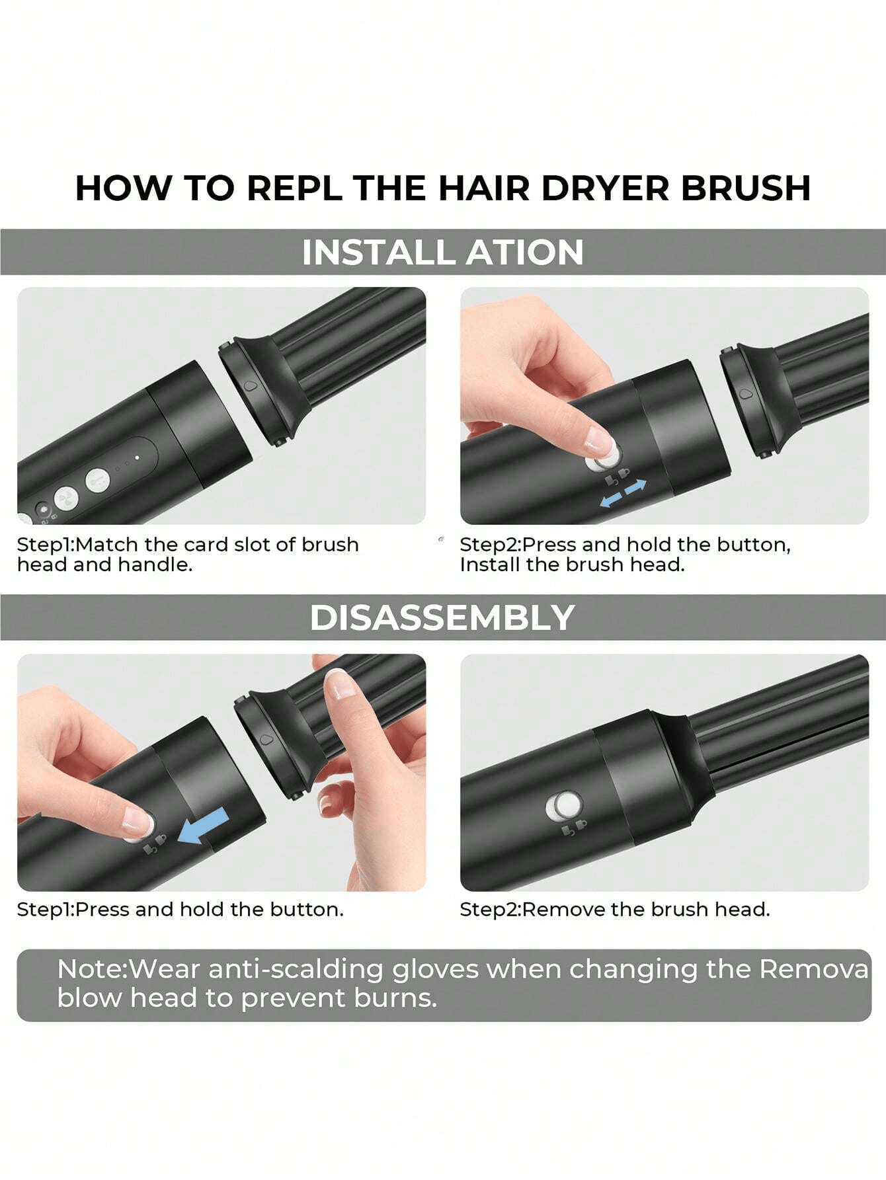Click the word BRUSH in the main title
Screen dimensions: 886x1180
point(745,188)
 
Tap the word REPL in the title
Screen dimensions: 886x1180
point(294,188)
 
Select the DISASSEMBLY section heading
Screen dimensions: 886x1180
point(442,617)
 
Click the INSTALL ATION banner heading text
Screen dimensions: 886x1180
point(443,252)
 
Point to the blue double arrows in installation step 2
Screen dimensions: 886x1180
point(623,494)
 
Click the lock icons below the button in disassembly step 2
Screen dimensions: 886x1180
point(574,828)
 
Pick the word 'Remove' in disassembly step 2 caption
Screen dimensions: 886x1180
point(564,910)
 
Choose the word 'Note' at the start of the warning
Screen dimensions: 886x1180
point(91,969)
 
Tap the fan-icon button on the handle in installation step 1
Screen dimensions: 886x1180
point(66,496)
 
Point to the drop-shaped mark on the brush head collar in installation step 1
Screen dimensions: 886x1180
point(249,386)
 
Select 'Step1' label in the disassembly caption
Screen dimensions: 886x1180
point(44,910)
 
